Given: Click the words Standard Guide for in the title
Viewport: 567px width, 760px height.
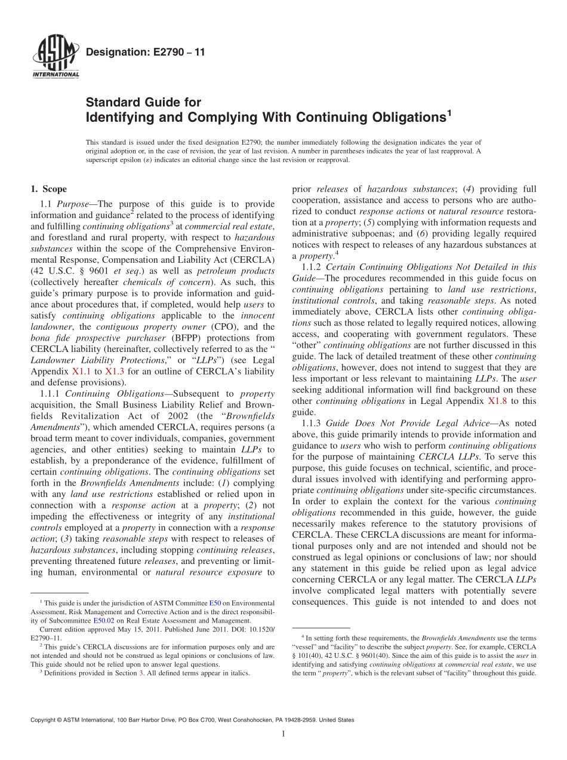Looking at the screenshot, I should [x=143, y=103].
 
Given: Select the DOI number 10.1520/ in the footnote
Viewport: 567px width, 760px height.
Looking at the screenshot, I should [x=260, y=629].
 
